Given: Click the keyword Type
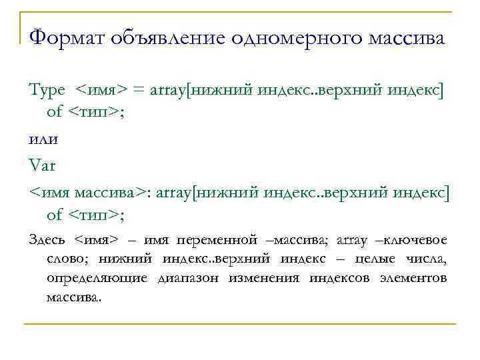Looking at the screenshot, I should pos(47,89).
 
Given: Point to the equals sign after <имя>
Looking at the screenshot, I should pos(139,90).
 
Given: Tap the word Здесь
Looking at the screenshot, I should pos(49,239).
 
